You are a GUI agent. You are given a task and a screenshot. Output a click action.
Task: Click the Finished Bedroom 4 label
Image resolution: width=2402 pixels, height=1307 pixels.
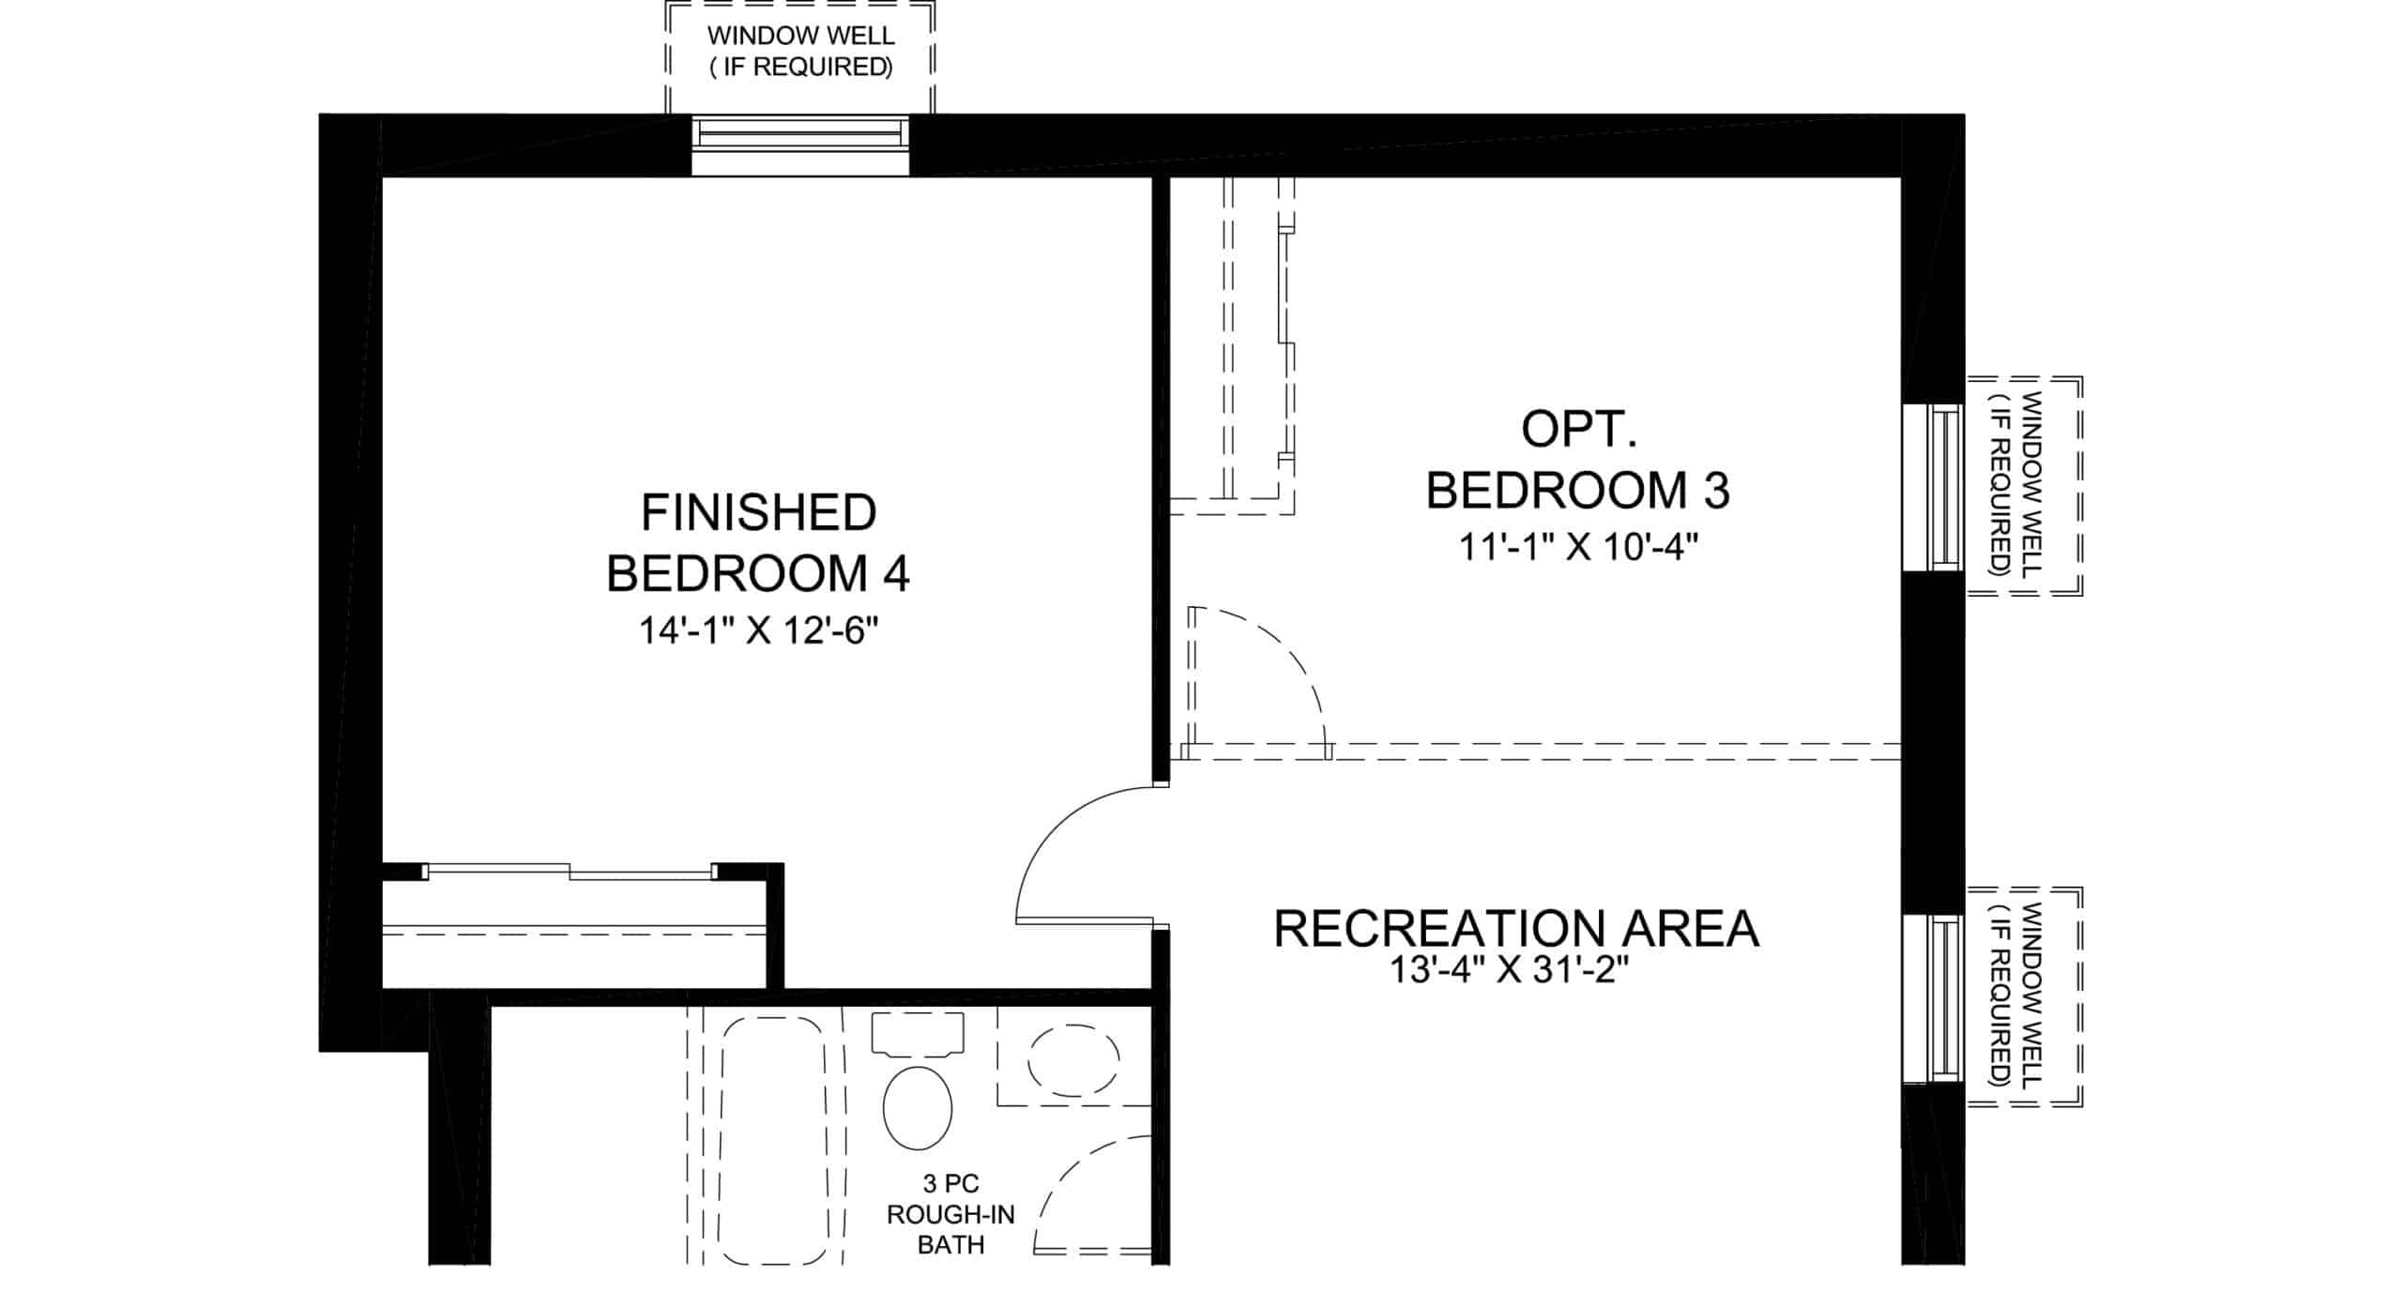pos(758,543)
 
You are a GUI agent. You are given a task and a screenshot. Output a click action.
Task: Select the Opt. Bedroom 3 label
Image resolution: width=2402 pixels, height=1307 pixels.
pos(1578,460)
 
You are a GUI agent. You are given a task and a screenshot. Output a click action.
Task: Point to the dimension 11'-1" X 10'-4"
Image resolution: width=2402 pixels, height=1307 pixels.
pos(1579,546)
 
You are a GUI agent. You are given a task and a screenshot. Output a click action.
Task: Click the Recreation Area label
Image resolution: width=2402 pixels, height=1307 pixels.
pos(1516,929)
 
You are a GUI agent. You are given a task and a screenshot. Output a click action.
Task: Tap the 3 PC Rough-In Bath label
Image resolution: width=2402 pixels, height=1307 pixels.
pos(950,1215)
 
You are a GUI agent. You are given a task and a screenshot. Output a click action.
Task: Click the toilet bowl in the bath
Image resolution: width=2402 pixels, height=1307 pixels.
pos(918,1107)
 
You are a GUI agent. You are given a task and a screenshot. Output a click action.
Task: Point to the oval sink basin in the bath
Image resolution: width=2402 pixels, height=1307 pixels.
pos(1073,1059)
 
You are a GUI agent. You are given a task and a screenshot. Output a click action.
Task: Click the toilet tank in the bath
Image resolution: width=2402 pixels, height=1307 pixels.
pos(918,1034)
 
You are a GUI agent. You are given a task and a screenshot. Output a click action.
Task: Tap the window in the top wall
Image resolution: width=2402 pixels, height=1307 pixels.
pos(800,132)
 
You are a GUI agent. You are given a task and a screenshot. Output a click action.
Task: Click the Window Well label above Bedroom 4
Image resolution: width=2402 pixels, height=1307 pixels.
pos(800,51)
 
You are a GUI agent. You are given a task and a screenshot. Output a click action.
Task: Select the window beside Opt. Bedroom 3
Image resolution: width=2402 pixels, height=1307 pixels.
pos(1945,487)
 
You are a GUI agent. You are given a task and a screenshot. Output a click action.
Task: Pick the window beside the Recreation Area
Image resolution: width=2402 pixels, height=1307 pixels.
pos(1945,997)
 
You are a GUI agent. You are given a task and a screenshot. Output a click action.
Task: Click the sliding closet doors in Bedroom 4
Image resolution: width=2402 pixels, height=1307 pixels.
pos(570,872)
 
